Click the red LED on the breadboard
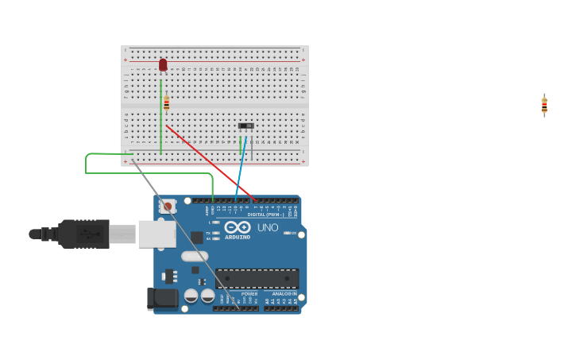click(x=163, y=64)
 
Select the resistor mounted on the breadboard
click(x=166, y=103)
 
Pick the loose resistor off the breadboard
click(x=544, y=105)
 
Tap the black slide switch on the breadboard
click(x=246, y=126)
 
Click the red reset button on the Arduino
click(x=167, y=207)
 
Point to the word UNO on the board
click(x=268, y=228)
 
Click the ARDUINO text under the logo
click(x=237, y=237)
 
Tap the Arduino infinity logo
click(x=238, y=226)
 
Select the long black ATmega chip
click(x=257, y=278)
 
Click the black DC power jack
click(x=162, y=299)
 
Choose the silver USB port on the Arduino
click(x=157, y=234)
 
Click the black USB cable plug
click(x=83, y=234)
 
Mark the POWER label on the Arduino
click(x=249, y=294)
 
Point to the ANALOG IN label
click(x=284, y=294)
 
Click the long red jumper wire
click(x=210, y=162)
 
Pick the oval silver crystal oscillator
click(x=195, y=256)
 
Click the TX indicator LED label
click(x=208, y=233)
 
